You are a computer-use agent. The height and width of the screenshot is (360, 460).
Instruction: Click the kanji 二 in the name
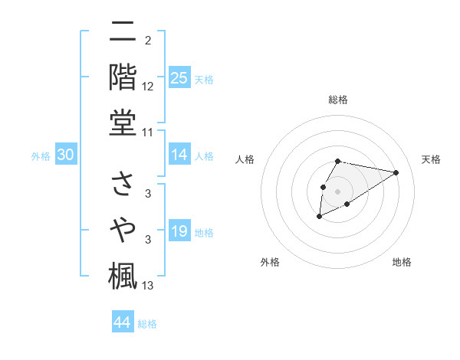pos(123,33)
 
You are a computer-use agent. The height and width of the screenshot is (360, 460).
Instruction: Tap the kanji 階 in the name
pos(123,77)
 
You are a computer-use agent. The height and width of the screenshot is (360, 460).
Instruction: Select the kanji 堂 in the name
pos(123,123)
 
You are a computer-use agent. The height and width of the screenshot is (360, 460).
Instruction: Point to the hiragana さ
pos(123,183)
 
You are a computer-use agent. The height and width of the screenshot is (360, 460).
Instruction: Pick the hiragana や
pos(123,229)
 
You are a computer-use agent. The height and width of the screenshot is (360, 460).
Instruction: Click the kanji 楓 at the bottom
pos(123,275)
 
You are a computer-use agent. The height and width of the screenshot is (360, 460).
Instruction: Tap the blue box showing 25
pos(179,78)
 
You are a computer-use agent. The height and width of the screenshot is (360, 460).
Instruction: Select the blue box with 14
pos(179,155)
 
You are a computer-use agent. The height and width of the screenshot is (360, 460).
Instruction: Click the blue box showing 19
pos(179,231)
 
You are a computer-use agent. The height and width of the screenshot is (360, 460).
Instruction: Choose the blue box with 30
pos(66,155)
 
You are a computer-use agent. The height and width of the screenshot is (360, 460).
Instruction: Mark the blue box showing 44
pos(122,322)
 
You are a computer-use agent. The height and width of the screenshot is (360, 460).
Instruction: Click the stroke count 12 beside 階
pos(148,86)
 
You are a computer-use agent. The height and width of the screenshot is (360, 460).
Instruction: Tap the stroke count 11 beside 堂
pos(148,132)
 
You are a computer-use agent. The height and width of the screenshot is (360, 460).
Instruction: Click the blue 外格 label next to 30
pos(41,156)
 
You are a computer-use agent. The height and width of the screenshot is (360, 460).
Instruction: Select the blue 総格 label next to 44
pos(147,324)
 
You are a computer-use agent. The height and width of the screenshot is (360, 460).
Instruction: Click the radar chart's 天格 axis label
pos(431,159)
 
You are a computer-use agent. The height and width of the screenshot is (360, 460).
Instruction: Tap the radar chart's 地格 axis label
pos(402,262)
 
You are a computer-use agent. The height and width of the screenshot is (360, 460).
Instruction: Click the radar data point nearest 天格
pos(396,172)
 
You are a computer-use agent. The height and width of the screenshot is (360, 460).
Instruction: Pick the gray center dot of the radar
pos(338,191)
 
